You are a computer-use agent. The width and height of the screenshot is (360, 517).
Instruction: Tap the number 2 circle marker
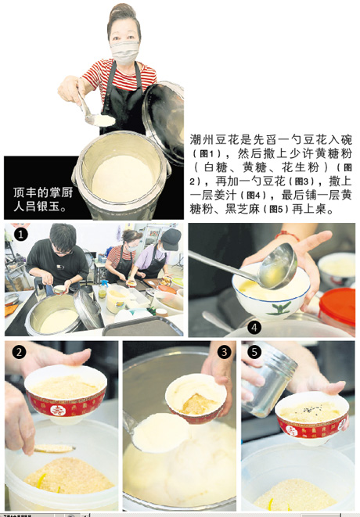click(18, 351)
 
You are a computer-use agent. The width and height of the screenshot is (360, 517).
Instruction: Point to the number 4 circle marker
click(254, 326)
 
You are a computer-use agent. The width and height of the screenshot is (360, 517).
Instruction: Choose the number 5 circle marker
click(253, 351)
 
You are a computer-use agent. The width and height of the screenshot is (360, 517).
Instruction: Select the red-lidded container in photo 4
click(337, 305)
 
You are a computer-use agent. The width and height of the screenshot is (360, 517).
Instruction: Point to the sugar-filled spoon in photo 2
click(52, 448)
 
